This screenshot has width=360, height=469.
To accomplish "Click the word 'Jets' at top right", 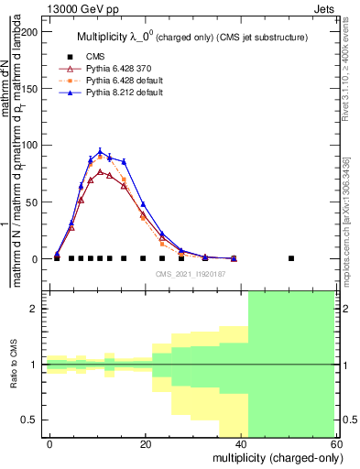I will tap(324, 8).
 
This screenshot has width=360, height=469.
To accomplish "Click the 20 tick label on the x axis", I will tap(145, 444).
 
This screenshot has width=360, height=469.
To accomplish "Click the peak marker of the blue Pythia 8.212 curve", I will tap(100, 152).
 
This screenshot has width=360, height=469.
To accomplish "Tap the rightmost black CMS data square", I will tap(291, 258).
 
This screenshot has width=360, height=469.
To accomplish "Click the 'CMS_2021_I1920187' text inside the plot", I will tap(191, 274).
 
